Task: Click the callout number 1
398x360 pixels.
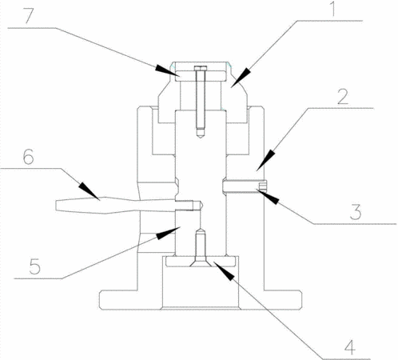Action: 333,8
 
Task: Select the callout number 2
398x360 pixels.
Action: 343,97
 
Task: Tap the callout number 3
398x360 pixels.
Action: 356,212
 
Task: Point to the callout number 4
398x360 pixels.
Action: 349,347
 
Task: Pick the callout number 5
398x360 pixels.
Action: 35,266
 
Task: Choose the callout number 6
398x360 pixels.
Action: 29,157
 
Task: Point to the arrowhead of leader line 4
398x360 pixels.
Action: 225,271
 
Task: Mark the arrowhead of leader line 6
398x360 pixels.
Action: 90,191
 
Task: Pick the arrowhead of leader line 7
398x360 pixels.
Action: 166,70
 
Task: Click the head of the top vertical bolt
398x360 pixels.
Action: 201,68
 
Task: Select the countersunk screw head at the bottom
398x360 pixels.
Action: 201,262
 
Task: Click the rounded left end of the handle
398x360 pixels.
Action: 57,205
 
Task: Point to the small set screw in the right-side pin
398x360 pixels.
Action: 263,186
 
